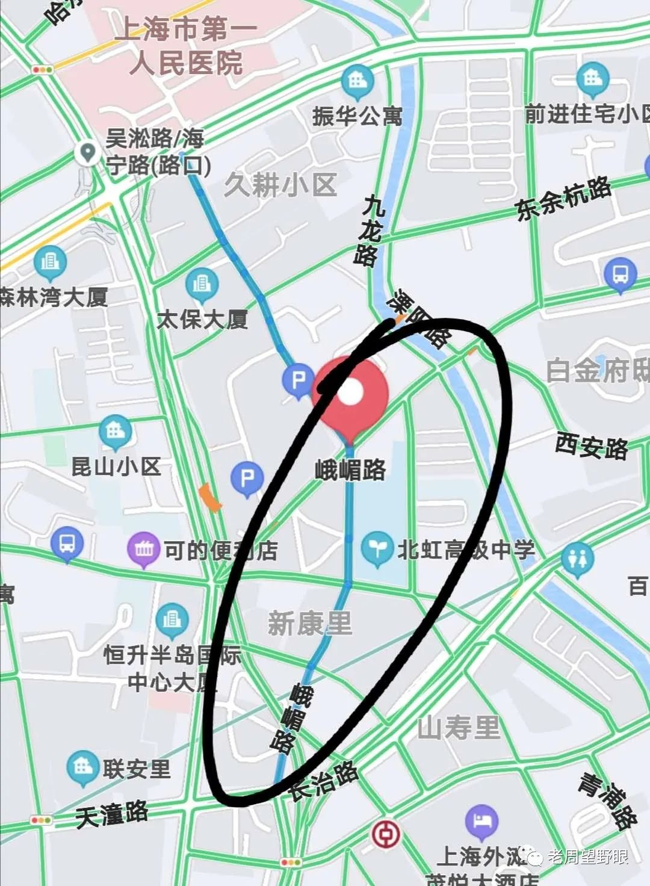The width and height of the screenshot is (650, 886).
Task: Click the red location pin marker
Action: pyautogui.click(x=351, y=394)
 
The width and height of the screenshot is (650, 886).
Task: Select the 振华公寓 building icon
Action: pyautogui.click(x=357, y=81)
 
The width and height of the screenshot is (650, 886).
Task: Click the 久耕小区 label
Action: pyautogui.click(x=280, y=185)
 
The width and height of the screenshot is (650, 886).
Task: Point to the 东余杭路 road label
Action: pyautogui.click(x=563, y=199)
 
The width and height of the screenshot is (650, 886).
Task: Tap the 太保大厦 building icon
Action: pyautogui.click(x=202, y=283)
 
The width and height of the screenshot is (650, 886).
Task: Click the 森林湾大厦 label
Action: pyautogui.click(x=54, y=297)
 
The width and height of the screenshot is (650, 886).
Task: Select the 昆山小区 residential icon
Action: pyautogui.click(x=115, y=430)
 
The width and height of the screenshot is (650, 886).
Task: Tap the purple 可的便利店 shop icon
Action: pyautogui.click(x=143, y=549)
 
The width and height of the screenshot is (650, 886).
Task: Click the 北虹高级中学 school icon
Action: pyautogui.click(x=377, y=550)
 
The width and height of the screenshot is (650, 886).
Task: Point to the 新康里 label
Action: pyautogui.click(x=309, y=623)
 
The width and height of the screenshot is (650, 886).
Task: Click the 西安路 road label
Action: pyautogui.click(x=592, y=446)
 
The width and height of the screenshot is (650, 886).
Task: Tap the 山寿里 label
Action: pyautogui.click(x=459, y=728)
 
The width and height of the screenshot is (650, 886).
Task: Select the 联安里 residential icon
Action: pyautogui.click(x=82, y=767)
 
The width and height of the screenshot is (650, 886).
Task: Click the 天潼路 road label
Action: pyautogui.click(x=112, y=814)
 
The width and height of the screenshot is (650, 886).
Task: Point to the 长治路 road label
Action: pyautogui.click(x=323, y=780)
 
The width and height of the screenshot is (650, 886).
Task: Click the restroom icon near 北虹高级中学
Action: pyautogui.click(x=577, y=559)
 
